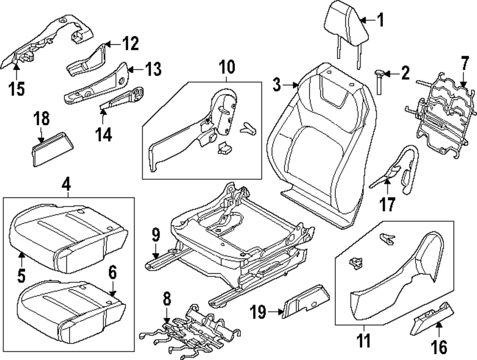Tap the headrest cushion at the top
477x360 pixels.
coord(347,21)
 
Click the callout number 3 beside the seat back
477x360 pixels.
coord(277,85)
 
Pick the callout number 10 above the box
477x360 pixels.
coord(227,67)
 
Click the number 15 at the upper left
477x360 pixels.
coord(17,89)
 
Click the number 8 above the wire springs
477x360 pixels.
coord(166,300)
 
